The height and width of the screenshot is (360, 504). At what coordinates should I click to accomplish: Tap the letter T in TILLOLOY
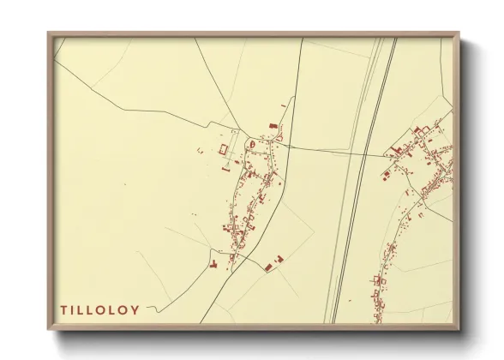pos(63,309)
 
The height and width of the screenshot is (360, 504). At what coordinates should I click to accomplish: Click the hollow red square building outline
pos(224,149)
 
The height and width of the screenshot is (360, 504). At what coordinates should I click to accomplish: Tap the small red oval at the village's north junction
pos(250,143)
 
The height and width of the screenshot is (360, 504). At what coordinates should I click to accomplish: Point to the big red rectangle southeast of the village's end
pos(271,268)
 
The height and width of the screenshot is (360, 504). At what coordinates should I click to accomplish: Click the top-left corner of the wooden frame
pos(49,35)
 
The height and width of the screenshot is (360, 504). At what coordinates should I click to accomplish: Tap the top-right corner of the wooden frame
pos(459,35)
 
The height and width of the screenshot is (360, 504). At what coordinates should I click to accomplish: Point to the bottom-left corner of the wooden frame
pos(49,330)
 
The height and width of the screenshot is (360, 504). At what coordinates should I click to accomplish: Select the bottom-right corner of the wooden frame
pos(459,330)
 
